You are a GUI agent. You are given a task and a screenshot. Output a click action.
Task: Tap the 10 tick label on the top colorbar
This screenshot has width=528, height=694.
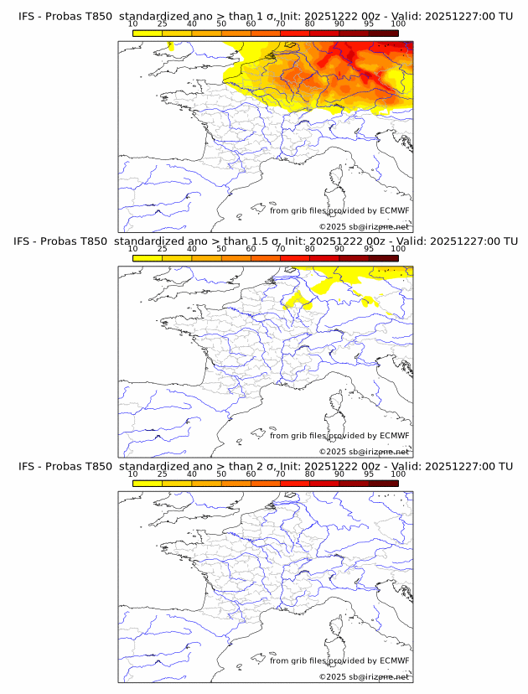click(132, 24)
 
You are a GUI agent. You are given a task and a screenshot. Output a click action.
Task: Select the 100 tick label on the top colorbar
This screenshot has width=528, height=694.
click(398, 24)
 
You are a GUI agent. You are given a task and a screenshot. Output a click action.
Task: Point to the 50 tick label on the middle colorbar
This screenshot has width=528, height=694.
click(221, 249)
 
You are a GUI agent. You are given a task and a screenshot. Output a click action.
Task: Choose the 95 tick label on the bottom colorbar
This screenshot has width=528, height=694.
click(369, 474)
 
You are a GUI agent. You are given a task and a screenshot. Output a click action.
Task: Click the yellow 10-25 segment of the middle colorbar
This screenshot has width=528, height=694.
click(148, 258)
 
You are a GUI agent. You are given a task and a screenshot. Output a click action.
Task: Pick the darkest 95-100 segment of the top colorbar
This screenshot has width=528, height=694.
click(383, 33)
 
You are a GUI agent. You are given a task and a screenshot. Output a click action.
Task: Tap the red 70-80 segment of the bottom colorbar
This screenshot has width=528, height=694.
click(295, 483)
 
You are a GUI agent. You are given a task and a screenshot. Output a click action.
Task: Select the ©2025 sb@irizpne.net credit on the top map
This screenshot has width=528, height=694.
click(364, 227)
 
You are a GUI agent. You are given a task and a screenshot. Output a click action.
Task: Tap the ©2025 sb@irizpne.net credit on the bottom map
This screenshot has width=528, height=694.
click(364, 676)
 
